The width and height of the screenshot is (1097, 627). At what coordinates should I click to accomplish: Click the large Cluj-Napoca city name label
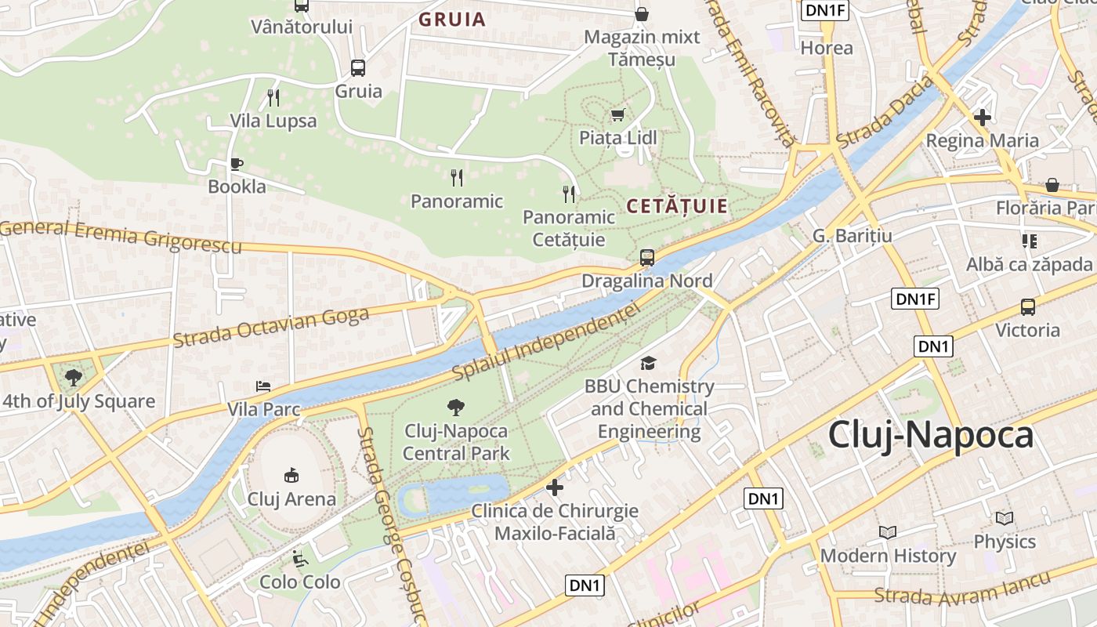[x=931, y=435]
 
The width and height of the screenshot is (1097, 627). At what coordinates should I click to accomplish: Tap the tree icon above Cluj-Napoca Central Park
[x=454, y=408]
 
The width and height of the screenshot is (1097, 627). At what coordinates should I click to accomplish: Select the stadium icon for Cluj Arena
[x=291, y=475]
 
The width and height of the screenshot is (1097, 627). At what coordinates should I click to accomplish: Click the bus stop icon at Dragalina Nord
[x=647, y=257]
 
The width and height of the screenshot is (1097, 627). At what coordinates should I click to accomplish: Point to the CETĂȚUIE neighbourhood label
[x=677, y=207]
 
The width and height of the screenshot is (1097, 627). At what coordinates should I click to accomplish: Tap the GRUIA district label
[x=452, y=20]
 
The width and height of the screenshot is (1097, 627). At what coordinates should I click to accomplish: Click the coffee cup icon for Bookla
[x=237, y=164]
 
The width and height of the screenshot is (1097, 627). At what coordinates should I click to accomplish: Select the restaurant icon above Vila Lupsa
[x=273, y=98]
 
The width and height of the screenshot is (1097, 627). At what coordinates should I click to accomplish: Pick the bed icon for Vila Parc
[x=263, y=386]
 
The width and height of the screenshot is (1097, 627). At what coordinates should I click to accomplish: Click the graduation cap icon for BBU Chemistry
[x=648, y=363]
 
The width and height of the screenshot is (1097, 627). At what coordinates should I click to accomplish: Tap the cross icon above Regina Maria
[x=982, y=118]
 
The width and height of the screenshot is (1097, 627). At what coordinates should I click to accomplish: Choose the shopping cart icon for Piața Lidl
[x=618, y=114]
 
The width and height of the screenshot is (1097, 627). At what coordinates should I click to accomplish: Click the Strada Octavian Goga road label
[x=270, y=328]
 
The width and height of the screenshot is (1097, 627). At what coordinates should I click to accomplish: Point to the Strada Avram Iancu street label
[x=961, y=589]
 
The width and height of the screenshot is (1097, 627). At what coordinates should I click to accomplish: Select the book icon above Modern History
[x=887, y=532]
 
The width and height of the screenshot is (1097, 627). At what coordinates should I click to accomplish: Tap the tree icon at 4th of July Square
[x=74, y=378]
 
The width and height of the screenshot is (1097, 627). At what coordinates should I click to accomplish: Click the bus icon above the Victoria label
[x=1027, y=307]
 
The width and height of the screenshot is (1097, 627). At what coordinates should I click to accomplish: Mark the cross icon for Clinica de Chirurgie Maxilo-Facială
[x=555, y=487]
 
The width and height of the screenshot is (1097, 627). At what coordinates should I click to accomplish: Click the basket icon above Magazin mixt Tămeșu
[x=641, y=14]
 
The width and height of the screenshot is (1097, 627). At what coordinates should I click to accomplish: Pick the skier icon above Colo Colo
[x=299, y=559]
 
